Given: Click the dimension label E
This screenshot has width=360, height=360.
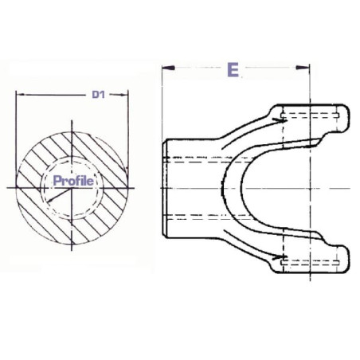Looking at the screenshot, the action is pos(233,70).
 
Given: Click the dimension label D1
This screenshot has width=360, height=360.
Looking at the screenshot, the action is pos(99,95).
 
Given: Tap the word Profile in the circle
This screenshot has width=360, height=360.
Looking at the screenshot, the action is pos(73,181).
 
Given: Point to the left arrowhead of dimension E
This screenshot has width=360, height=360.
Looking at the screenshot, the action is pos(168,68).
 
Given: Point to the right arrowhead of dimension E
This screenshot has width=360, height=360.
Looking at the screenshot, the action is pos(303,68).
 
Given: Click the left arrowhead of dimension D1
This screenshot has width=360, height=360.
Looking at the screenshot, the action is pos(21,94).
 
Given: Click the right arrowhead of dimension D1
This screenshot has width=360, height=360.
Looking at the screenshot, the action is pos(123,95).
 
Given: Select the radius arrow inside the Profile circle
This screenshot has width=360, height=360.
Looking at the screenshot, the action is pos(60,194).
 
